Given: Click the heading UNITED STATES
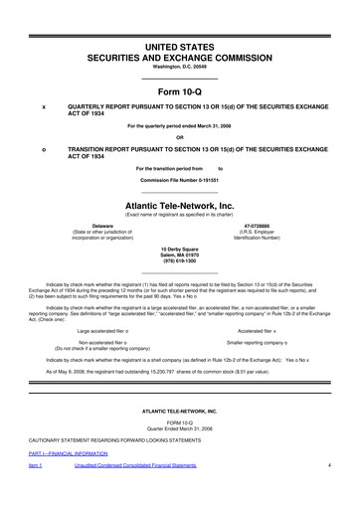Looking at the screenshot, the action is coord(180,20).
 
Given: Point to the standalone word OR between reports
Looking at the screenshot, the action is coord(180,136).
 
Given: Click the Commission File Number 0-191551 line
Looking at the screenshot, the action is coord(180,183).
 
